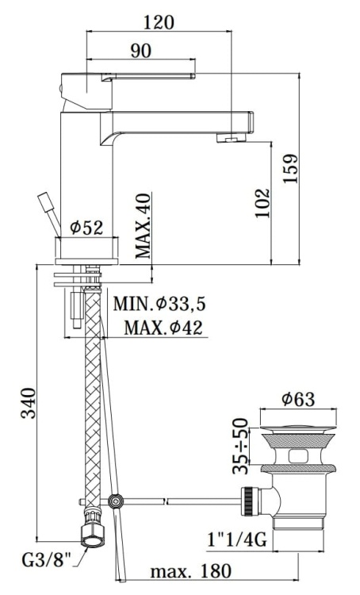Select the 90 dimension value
click(140, 51)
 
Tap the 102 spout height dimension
click(264, 203)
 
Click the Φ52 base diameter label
click(86, 228)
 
